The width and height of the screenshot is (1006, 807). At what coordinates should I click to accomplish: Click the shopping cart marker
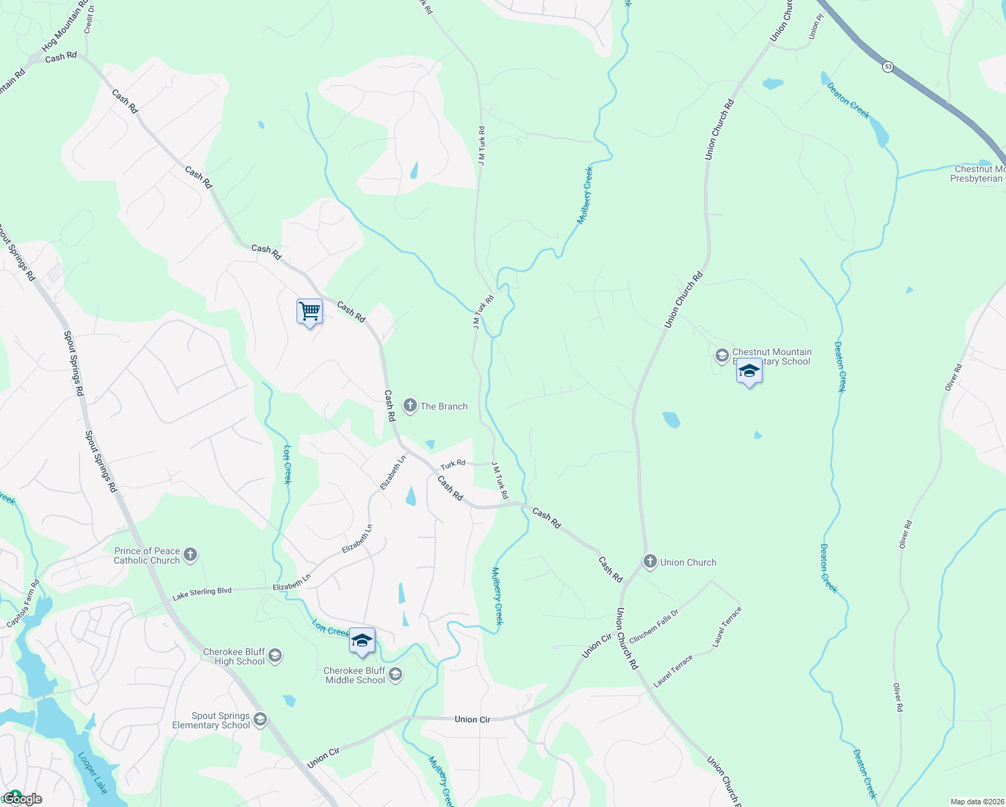pyautogui.click(x=309, y=312)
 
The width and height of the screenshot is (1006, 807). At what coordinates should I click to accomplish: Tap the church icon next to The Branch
pyautogui.click(x=410, y=406)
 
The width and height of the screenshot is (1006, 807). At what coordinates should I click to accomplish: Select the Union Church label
pyautogui.click(x=688, y=562)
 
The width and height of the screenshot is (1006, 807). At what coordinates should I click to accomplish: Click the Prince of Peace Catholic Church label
pyautogui.click(x=147, y=555)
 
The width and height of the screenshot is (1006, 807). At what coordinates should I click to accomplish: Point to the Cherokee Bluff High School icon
pyautogui.click(x=275, y=656)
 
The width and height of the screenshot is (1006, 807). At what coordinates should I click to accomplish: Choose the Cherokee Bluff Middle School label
pyautogui.click(x=354, y=675)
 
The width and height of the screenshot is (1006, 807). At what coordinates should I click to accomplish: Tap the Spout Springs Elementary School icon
pyautogui.click(x=260, y=720)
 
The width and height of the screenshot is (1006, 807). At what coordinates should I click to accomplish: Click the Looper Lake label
pyautogui.click(x=93, y=773)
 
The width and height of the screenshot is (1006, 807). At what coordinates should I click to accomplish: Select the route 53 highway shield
pyautogui.click(x=888, y=67)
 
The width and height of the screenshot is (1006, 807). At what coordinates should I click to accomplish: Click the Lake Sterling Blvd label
pyautogui.click(x=202, y=593)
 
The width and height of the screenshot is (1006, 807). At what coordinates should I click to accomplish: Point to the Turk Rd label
pyautogui.click(x=453, y=464)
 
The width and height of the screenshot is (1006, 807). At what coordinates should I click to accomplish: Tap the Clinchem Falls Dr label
pyautogui.click(x=654, y=626)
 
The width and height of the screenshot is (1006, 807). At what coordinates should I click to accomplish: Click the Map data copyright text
pyautogui.click(x=977, y=802)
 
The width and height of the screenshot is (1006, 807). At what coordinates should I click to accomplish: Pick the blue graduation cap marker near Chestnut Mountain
pyautogui.click(x=749, y=372)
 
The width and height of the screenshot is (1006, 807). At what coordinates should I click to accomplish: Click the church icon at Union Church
pyautogui.click(x=650, y=562)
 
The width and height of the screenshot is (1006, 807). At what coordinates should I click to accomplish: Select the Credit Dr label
pyautogui.click(x=89, y=20)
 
